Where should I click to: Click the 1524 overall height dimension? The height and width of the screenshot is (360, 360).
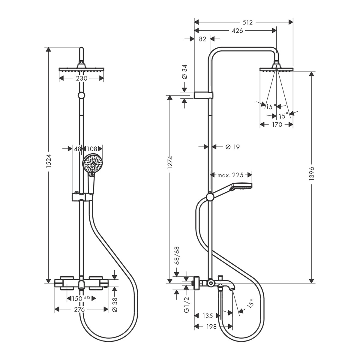[49, 161]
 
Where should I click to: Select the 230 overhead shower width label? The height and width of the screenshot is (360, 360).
[82, 78]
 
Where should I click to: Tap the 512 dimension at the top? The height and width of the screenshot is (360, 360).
[247, 22]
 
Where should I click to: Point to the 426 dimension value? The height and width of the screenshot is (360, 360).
[237, 31]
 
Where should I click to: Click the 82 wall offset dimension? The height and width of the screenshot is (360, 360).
[202, 39]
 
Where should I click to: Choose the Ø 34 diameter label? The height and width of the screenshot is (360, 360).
[184, 72]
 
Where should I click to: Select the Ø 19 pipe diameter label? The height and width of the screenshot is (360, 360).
[232, 147]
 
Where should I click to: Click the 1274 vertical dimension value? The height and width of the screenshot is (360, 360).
[170, 162]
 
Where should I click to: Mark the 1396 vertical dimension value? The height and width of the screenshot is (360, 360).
[311, 174]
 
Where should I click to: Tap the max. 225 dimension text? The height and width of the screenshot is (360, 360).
[230, 175]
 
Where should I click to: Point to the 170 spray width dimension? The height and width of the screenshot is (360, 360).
[277, 124]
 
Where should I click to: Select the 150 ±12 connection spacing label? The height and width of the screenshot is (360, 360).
[81, 298]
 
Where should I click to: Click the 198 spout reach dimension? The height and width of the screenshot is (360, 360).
[211, 327]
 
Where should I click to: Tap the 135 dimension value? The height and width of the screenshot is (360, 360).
[208, 316]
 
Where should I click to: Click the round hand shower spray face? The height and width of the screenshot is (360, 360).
[92, 164]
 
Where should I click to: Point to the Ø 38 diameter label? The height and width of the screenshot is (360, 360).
[115, 305]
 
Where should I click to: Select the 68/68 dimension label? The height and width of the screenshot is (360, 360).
[176, 255]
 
